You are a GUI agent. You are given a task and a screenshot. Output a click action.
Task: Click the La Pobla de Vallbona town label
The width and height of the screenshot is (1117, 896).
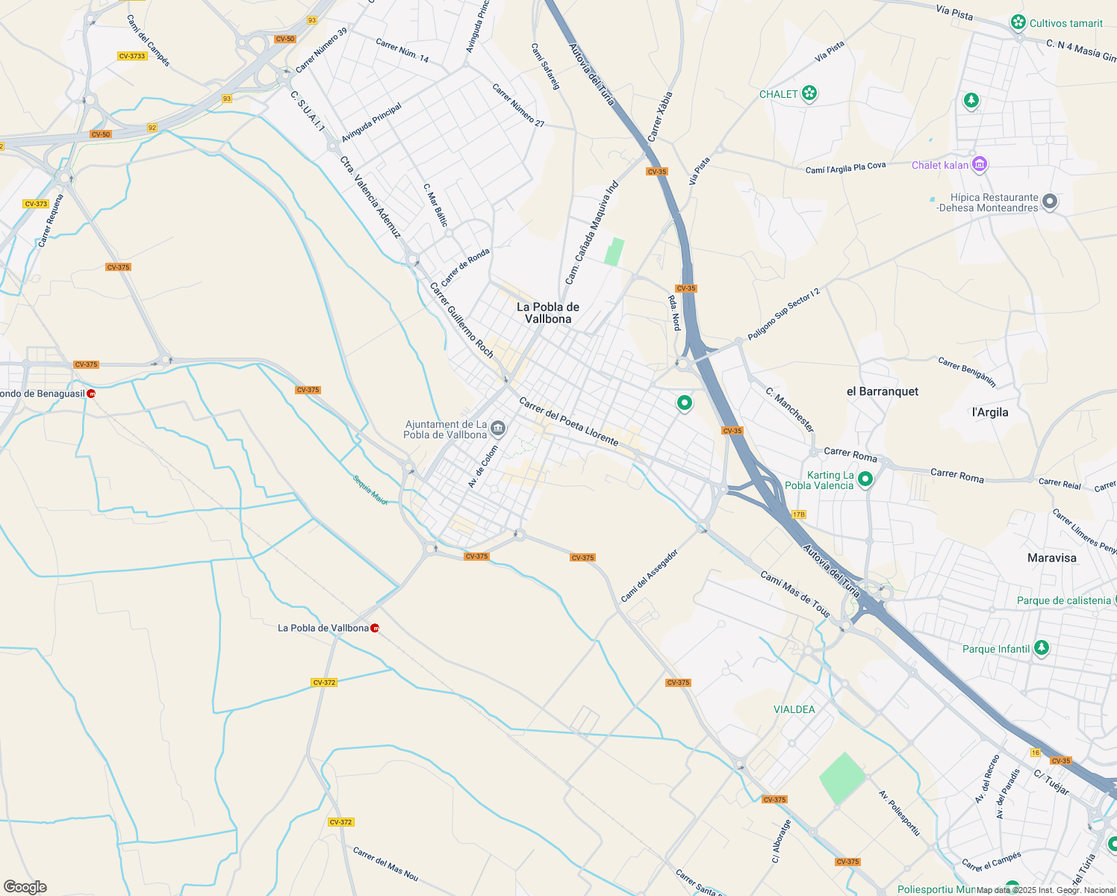pyautogui.click(x=547, y=313)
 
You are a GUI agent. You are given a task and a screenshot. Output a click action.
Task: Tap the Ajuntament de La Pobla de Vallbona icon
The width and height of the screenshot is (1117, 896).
pyautogui.click(x=499, y=429)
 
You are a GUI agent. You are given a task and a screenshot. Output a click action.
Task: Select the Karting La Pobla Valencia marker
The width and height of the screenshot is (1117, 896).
pyautogui.click(x=865, y=479)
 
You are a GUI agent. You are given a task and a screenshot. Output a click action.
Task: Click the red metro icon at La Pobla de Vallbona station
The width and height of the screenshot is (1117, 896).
pyautogui.click(x=375, y=628)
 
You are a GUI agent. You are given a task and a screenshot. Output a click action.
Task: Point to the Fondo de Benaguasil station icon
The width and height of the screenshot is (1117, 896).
pyautogui.click(x=91, y=393)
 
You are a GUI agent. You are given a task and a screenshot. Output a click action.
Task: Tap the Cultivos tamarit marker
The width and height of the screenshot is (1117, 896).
pyautogui.click(x=1018, y=22)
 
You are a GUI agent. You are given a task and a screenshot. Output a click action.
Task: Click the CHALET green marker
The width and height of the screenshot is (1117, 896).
pyautogui.click(x=809, y=94)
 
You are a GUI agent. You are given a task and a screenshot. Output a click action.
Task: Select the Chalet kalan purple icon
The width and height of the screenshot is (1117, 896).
pyautogui.click(x=980, y=164)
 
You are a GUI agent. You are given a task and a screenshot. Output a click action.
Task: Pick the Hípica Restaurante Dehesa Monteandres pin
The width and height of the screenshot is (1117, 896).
pyautogui.click(x=1050, y=202)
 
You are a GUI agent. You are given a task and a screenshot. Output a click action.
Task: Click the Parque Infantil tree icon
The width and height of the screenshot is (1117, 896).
pyautogui.click(x=1042, y=648)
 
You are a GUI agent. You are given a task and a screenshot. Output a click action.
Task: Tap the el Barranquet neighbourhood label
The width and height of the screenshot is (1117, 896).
pyautogui.click(x=882, y=391)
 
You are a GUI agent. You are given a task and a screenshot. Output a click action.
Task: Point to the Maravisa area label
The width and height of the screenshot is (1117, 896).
pyautogui.click(x=1051, y=558)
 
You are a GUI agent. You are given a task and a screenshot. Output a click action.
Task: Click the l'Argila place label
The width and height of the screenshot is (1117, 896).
pyautogui.click(x=990, y=412)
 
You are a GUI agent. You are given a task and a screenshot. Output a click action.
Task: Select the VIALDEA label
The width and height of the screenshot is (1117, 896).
pyautogui.click(x=794, y=709)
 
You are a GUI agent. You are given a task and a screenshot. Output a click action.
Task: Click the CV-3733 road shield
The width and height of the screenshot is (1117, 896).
pyautogui.click(x=132, y=56)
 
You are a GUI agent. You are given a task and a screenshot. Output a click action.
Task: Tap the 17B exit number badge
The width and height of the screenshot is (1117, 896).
pyautogui.click(x=798, y=514)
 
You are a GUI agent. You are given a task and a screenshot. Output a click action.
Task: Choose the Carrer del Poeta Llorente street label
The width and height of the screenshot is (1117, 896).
pyautogui.click(x=568, y=422)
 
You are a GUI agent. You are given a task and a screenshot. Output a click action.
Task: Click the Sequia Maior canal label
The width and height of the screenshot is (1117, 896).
pyautogui.click(x=370, y=490)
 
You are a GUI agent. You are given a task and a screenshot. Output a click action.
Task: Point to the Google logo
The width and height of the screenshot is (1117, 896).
pyautogui.click(x=25, y=887)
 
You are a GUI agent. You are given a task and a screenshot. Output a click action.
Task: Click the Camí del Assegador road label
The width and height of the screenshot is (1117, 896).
pyautogui.click(x=649, y=576)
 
